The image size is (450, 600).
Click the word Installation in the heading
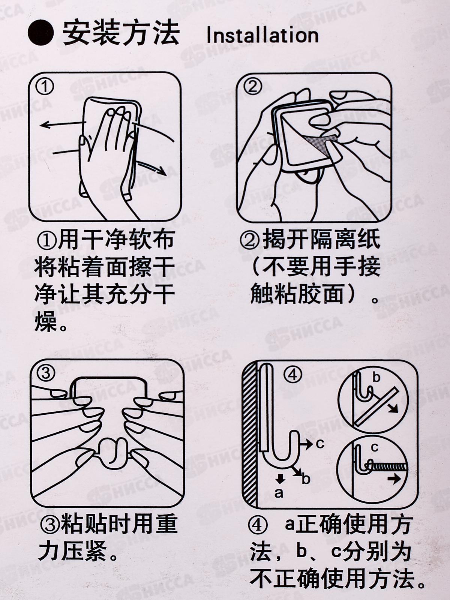(262, 36)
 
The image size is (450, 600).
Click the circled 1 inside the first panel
(45, 87)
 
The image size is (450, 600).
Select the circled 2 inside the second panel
(252, 87)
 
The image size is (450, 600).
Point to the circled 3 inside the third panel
(46, 373)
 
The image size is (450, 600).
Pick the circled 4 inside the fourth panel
(293, 376)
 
